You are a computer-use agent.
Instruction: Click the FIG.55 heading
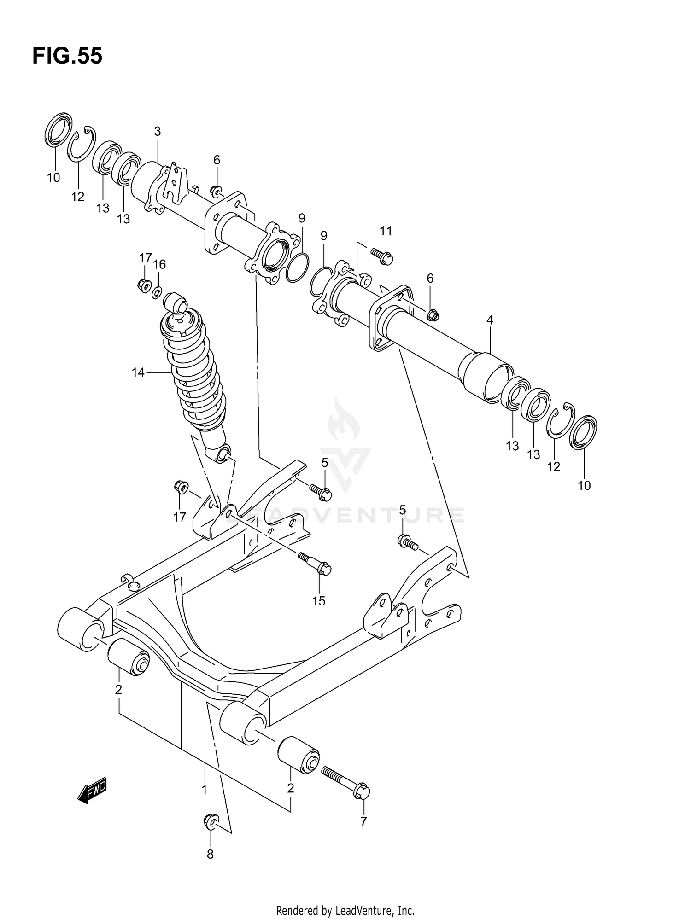click(67, 56)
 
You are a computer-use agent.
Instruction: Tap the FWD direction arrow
click(93, 791)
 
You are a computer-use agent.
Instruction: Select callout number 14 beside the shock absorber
click(138, 372)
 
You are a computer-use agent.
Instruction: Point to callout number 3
click(157, 131)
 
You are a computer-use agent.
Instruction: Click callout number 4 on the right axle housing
click(490, 320)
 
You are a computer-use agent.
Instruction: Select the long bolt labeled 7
click(346, 782)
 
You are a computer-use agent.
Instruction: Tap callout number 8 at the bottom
click(210, 855)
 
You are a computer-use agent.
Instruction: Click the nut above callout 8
click(211, 820)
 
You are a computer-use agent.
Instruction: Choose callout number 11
click(386, 231)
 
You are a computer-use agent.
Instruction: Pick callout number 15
click(318, 601)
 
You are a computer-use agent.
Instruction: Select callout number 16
click(159, 264)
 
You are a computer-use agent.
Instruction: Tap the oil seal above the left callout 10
click(59, 129)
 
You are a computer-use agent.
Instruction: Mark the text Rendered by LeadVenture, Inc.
click(345, 910)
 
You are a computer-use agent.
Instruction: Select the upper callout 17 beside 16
click(145, 258)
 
